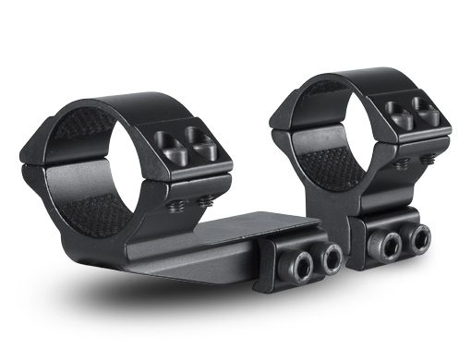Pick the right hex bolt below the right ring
coord(418,239)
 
